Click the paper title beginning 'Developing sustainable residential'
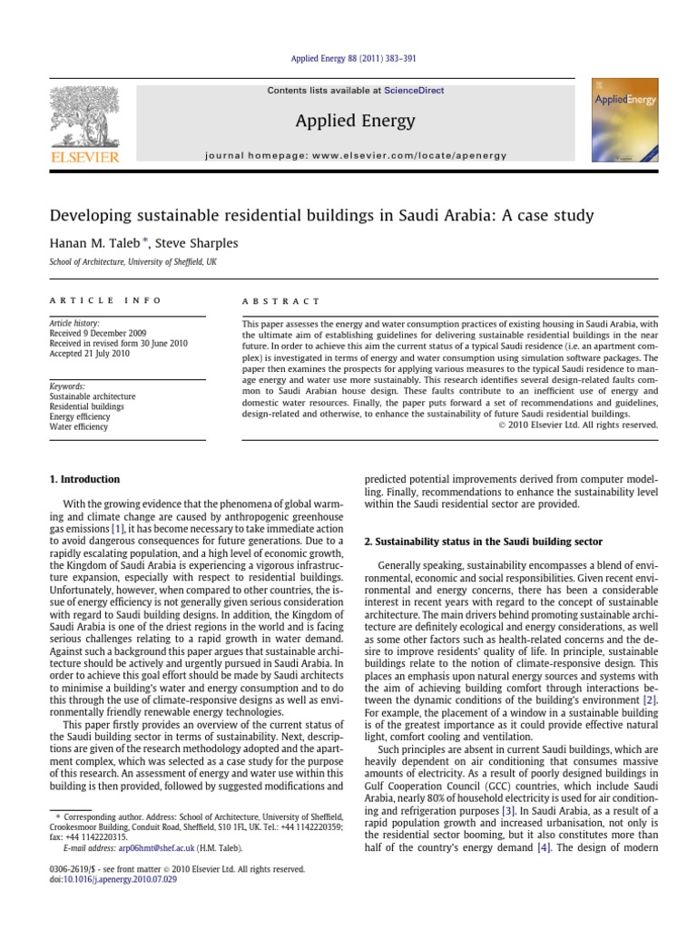[x=321, y=215]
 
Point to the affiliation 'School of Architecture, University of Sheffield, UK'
[x=133, y=262]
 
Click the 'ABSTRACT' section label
[x=281, y=300]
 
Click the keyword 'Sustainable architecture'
[x=93, y=396]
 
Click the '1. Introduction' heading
[x=84, y=479]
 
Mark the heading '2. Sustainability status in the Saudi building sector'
[x=483, y=542]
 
